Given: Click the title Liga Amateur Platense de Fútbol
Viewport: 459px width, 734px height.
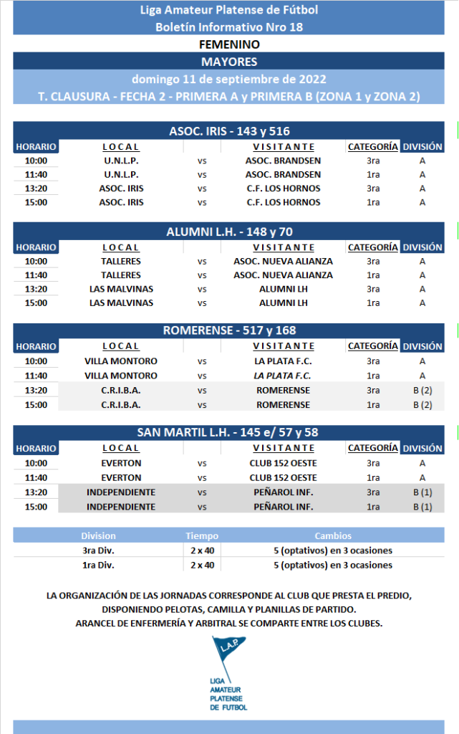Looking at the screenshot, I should (229, 10).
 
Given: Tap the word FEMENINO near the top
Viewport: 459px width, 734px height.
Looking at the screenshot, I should (229, 44).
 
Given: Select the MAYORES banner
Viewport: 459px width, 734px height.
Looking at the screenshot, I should (229, 62).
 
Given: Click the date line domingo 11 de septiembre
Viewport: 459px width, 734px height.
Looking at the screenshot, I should (229, 79).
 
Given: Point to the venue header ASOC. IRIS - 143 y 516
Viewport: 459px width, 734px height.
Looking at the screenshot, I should (229, 131).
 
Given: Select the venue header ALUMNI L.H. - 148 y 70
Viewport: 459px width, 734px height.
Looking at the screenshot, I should (229, 232).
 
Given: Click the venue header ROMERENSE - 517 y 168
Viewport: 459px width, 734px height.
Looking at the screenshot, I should (229, 330).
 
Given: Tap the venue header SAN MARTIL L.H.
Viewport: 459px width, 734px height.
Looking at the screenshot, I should (229, 432).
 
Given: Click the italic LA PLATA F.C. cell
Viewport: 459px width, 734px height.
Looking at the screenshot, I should (282, 376).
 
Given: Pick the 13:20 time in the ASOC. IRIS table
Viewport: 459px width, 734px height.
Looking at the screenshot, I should (36, 189).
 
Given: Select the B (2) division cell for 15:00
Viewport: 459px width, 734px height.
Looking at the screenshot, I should (422, 405).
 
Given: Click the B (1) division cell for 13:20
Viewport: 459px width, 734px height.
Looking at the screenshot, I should (422, 492).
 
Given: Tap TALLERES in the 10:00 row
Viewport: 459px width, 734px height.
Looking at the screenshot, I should (121, 262).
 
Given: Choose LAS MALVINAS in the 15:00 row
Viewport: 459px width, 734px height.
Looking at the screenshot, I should (121, 303).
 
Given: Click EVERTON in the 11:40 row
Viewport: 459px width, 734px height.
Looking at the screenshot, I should (121, 478).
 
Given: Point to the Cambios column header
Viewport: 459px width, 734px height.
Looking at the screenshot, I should (333, 536).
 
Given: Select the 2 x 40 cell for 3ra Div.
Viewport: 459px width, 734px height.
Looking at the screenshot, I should (203, 550).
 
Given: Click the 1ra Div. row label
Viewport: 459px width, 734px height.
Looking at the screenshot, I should (98, 565).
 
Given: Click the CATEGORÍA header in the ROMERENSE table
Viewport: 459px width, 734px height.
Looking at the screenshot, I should (372, 346).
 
